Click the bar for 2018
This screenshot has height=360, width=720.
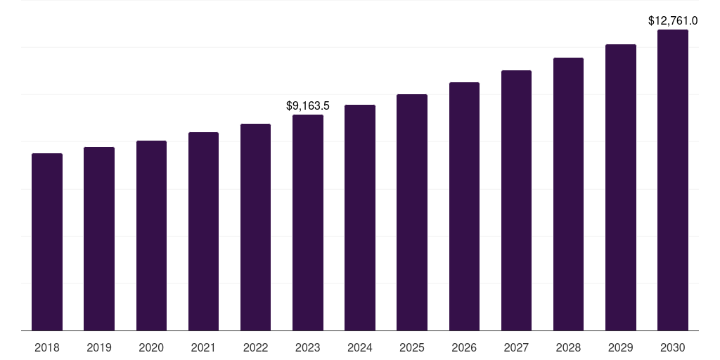pyautogui.click(x=47, y=242)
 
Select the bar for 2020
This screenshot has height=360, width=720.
pyautogui.click(x=151, y=236)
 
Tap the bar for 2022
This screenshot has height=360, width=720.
pyautogui.click(x=255, y=227)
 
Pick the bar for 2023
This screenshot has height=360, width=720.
pyautogui.click(x=308, y=223)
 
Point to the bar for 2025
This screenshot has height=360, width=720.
pyautogui.click(x=412, y=212)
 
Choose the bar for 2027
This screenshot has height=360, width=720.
pyautogui.click(x=516, y=200)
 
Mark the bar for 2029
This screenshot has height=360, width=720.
pyautogui.click(x=621, y=188)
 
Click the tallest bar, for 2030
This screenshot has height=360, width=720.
pyautogui.click(x=673, y=180)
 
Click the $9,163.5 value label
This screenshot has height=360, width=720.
pyautogui.click(x=308, y=105)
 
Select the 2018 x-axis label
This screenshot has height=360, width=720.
pyautogui.click(x=47, y=347)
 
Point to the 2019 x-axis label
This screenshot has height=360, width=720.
pyautogui.click(x=99, y=347)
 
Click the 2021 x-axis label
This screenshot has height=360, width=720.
pyautogui.click(x=203, y=347)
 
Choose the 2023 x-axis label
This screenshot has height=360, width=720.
pyautogui.click(x=308, y=347)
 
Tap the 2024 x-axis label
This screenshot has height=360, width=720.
pyautogui.click(x=360, y=347)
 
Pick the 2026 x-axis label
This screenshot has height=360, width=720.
pyautogui.click(x=464, y=347)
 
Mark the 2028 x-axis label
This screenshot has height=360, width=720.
pyautogui.click(x=568, y=347)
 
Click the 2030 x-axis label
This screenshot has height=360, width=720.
pyautogui.click(x=673, y=347)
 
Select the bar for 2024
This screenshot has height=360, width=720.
pyautogui.click(x=360, y=218)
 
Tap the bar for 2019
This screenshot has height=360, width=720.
pyautogui.click(x=99, y=239)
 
